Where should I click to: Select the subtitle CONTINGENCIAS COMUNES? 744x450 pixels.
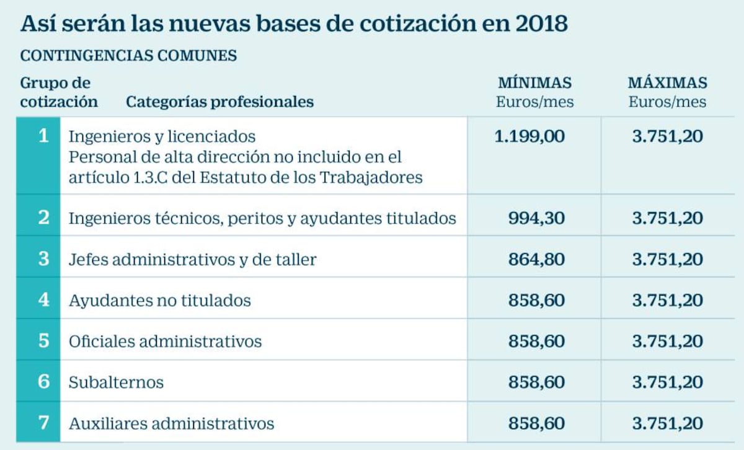[128, 55]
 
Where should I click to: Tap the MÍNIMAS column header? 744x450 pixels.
[534, 83]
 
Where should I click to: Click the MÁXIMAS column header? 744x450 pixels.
[667, 83]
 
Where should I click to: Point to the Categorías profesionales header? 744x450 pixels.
[219, 102]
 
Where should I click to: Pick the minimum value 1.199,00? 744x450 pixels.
[529, 136]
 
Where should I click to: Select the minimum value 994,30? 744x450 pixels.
[536, 218]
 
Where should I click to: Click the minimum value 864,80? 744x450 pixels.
[536, 259]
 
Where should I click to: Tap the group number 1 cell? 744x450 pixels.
[43, 136]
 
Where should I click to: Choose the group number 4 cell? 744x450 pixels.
[43, 300]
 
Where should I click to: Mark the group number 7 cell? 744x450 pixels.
[43, 423]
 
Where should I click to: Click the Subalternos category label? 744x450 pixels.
[116, 382]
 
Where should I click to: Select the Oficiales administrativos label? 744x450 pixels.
[165, 342]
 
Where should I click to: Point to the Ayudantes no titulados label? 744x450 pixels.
[159, 301]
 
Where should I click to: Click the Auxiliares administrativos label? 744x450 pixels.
[171, 424]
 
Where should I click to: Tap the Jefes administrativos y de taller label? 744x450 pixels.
[192, 259]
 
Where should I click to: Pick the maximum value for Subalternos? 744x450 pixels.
[668, 382]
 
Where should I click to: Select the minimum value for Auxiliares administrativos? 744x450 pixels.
[536, 423]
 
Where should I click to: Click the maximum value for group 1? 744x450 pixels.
[668, 136]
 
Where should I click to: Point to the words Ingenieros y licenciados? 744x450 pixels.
[162, 136]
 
